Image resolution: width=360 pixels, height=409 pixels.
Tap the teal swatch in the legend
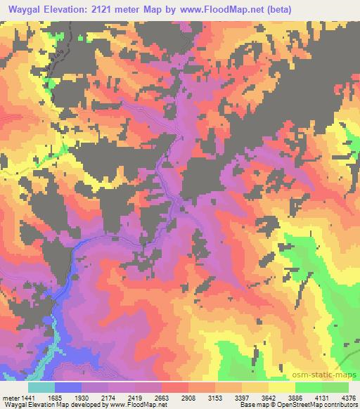point(42,387)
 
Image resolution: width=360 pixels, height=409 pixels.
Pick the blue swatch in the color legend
point(69,387)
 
